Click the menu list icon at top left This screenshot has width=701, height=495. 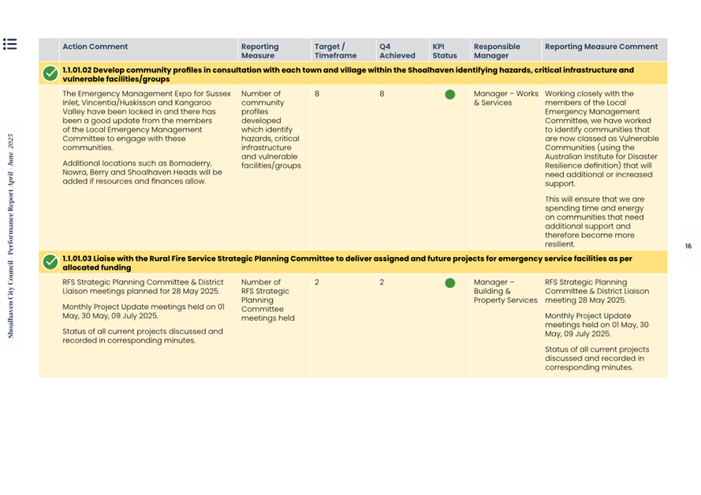tap(9, 44)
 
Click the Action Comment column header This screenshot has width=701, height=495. tap(95, 47)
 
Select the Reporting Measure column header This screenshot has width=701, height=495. tap(259, 50)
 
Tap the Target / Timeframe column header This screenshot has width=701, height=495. tap(335, 50)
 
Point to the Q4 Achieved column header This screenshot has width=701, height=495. tap(397, 50)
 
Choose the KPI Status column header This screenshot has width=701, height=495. tap(444, 50)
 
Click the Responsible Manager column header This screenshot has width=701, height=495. tap(497, 50)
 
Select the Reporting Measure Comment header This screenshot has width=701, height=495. tap(601, 47)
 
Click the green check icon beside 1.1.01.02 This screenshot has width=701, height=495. tap(50, 74)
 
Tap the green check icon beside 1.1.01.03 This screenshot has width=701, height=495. tap(50, 262)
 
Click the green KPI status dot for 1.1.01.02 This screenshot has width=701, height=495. tap(449, 95)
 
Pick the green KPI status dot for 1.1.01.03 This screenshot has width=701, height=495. tap(449, 283)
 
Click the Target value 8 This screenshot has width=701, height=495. tap(317, 94)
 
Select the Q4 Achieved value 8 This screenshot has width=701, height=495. tap(382, 94)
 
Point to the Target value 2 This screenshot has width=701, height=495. tap(317, 282)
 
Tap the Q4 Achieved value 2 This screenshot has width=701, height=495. tap(382, 282)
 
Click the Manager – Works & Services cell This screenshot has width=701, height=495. tap(505, 98)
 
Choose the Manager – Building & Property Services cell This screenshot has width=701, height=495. tap(505, 291)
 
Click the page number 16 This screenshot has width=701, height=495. tap(688, 247)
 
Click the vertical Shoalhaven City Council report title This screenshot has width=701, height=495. tap(11, 236)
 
